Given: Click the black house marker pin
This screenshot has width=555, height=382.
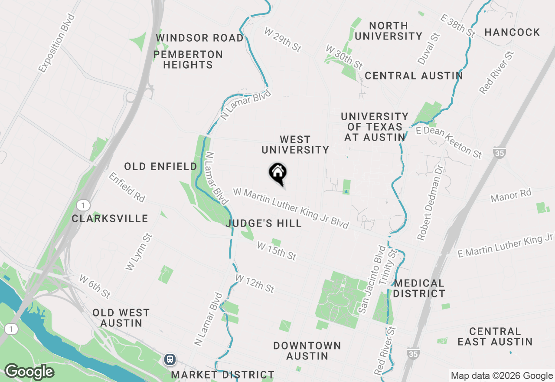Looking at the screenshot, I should pos(277,173).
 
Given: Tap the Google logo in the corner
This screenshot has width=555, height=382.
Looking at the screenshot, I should pos(29,372).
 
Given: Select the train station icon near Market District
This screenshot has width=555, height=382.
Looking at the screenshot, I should pos(170,359).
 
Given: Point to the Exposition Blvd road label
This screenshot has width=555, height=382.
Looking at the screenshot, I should pos(56,43).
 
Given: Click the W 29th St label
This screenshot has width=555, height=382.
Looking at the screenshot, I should pos(283,40).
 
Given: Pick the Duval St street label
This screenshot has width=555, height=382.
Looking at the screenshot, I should pos(428,48).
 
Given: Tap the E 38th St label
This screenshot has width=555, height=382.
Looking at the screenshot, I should pos(458,25).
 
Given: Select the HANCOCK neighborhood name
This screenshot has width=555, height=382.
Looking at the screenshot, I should pos(512,32).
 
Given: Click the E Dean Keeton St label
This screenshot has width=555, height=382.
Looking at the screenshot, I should pos(449,142).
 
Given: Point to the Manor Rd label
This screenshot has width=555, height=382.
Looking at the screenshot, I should pos(511,196).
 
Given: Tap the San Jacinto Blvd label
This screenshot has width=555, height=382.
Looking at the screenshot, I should pos(370,280).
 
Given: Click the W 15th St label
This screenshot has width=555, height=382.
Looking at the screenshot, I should pos(276,251).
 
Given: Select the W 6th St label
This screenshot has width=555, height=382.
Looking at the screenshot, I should pos(95,286).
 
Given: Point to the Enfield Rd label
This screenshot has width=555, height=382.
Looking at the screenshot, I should pos(127,187).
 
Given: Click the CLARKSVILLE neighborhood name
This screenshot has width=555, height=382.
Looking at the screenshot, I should pos(110,218).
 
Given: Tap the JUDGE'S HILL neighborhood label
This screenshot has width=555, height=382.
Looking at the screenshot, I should pos(264,224).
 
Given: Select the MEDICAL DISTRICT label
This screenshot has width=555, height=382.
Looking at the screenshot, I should pos(419,289).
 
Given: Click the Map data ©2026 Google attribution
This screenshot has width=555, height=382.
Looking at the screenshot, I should pos(501,376).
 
